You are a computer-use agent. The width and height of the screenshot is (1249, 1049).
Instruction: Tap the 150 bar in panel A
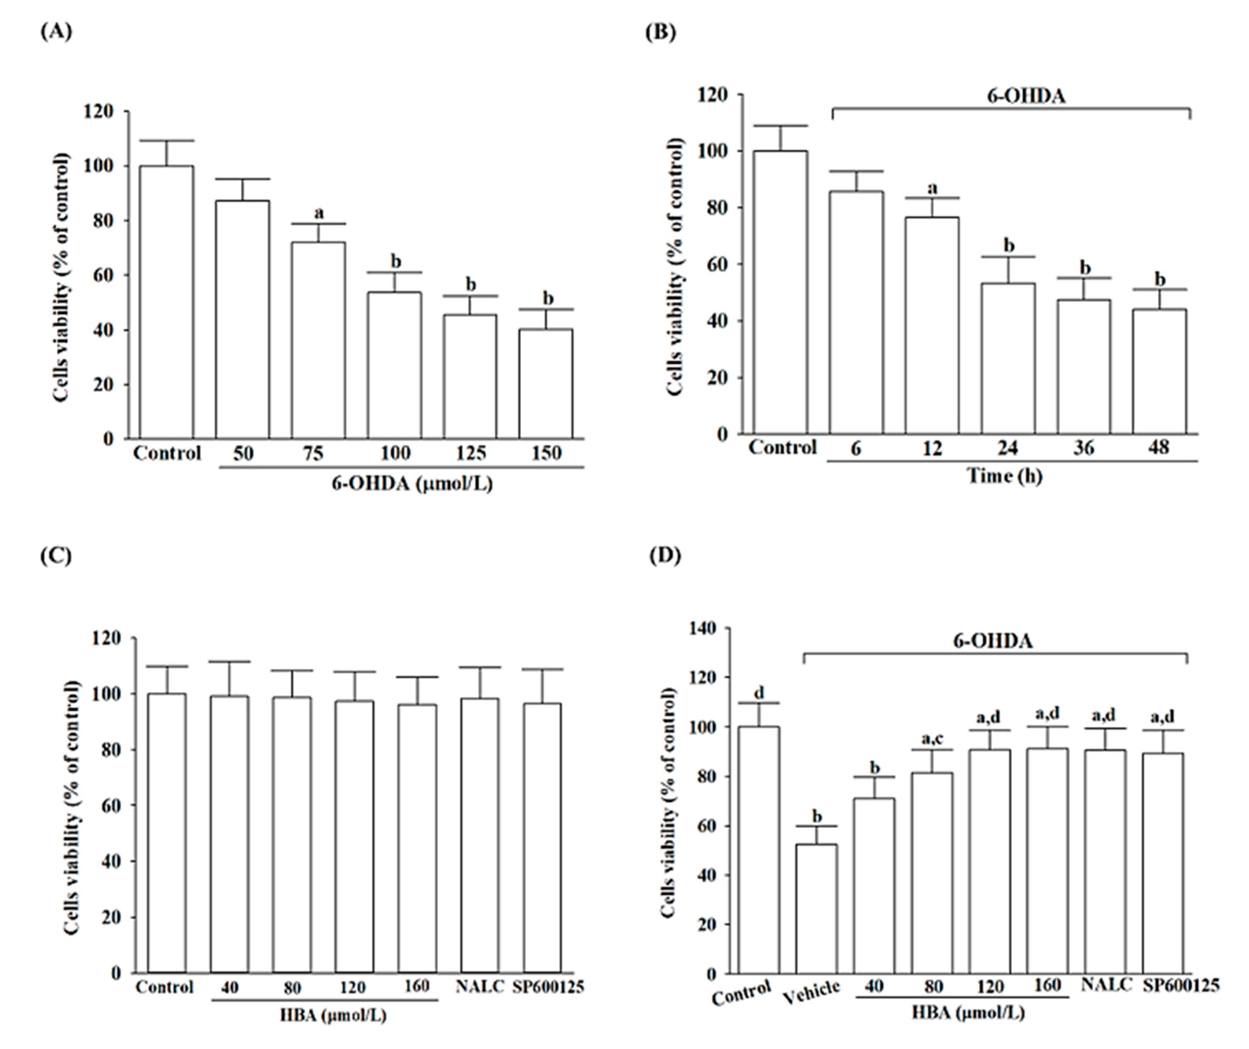point(546,384)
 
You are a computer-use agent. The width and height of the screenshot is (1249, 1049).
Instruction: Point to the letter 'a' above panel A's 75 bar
point(319,212)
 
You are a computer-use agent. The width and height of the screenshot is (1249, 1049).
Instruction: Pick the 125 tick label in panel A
point(470,454)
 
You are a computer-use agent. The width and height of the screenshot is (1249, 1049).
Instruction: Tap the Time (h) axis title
point(1004,476)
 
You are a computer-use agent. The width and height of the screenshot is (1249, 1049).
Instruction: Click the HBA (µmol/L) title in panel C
point(333,1016)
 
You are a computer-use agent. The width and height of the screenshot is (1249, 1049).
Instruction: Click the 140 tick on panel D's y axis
point(701,628)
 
